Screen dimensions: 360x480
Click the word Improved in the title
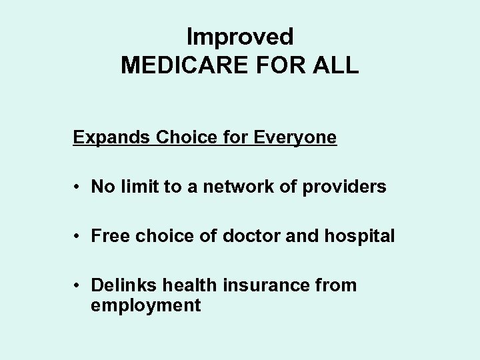tap(240, 35)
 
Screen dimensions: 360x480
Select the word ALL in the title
tap(337, 65)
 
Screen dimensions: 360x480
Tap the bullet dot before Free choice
tap(79, 237)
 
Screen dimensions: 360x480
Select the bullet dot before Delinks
tap(79, 286)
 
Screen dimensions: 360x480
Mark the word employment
tap(145, 306)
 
